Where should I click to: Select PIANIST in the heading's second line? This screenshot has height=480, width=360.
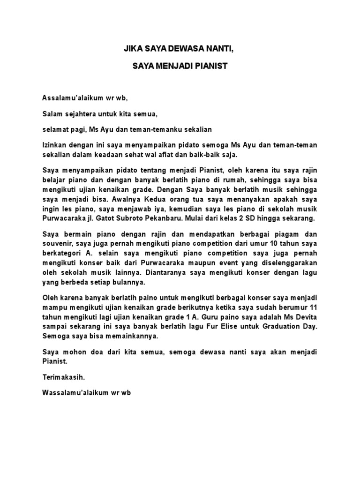click(x=210, y=66)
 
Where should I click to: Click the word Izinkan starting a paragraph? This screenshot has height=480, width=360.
click(x=54, y=145)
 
